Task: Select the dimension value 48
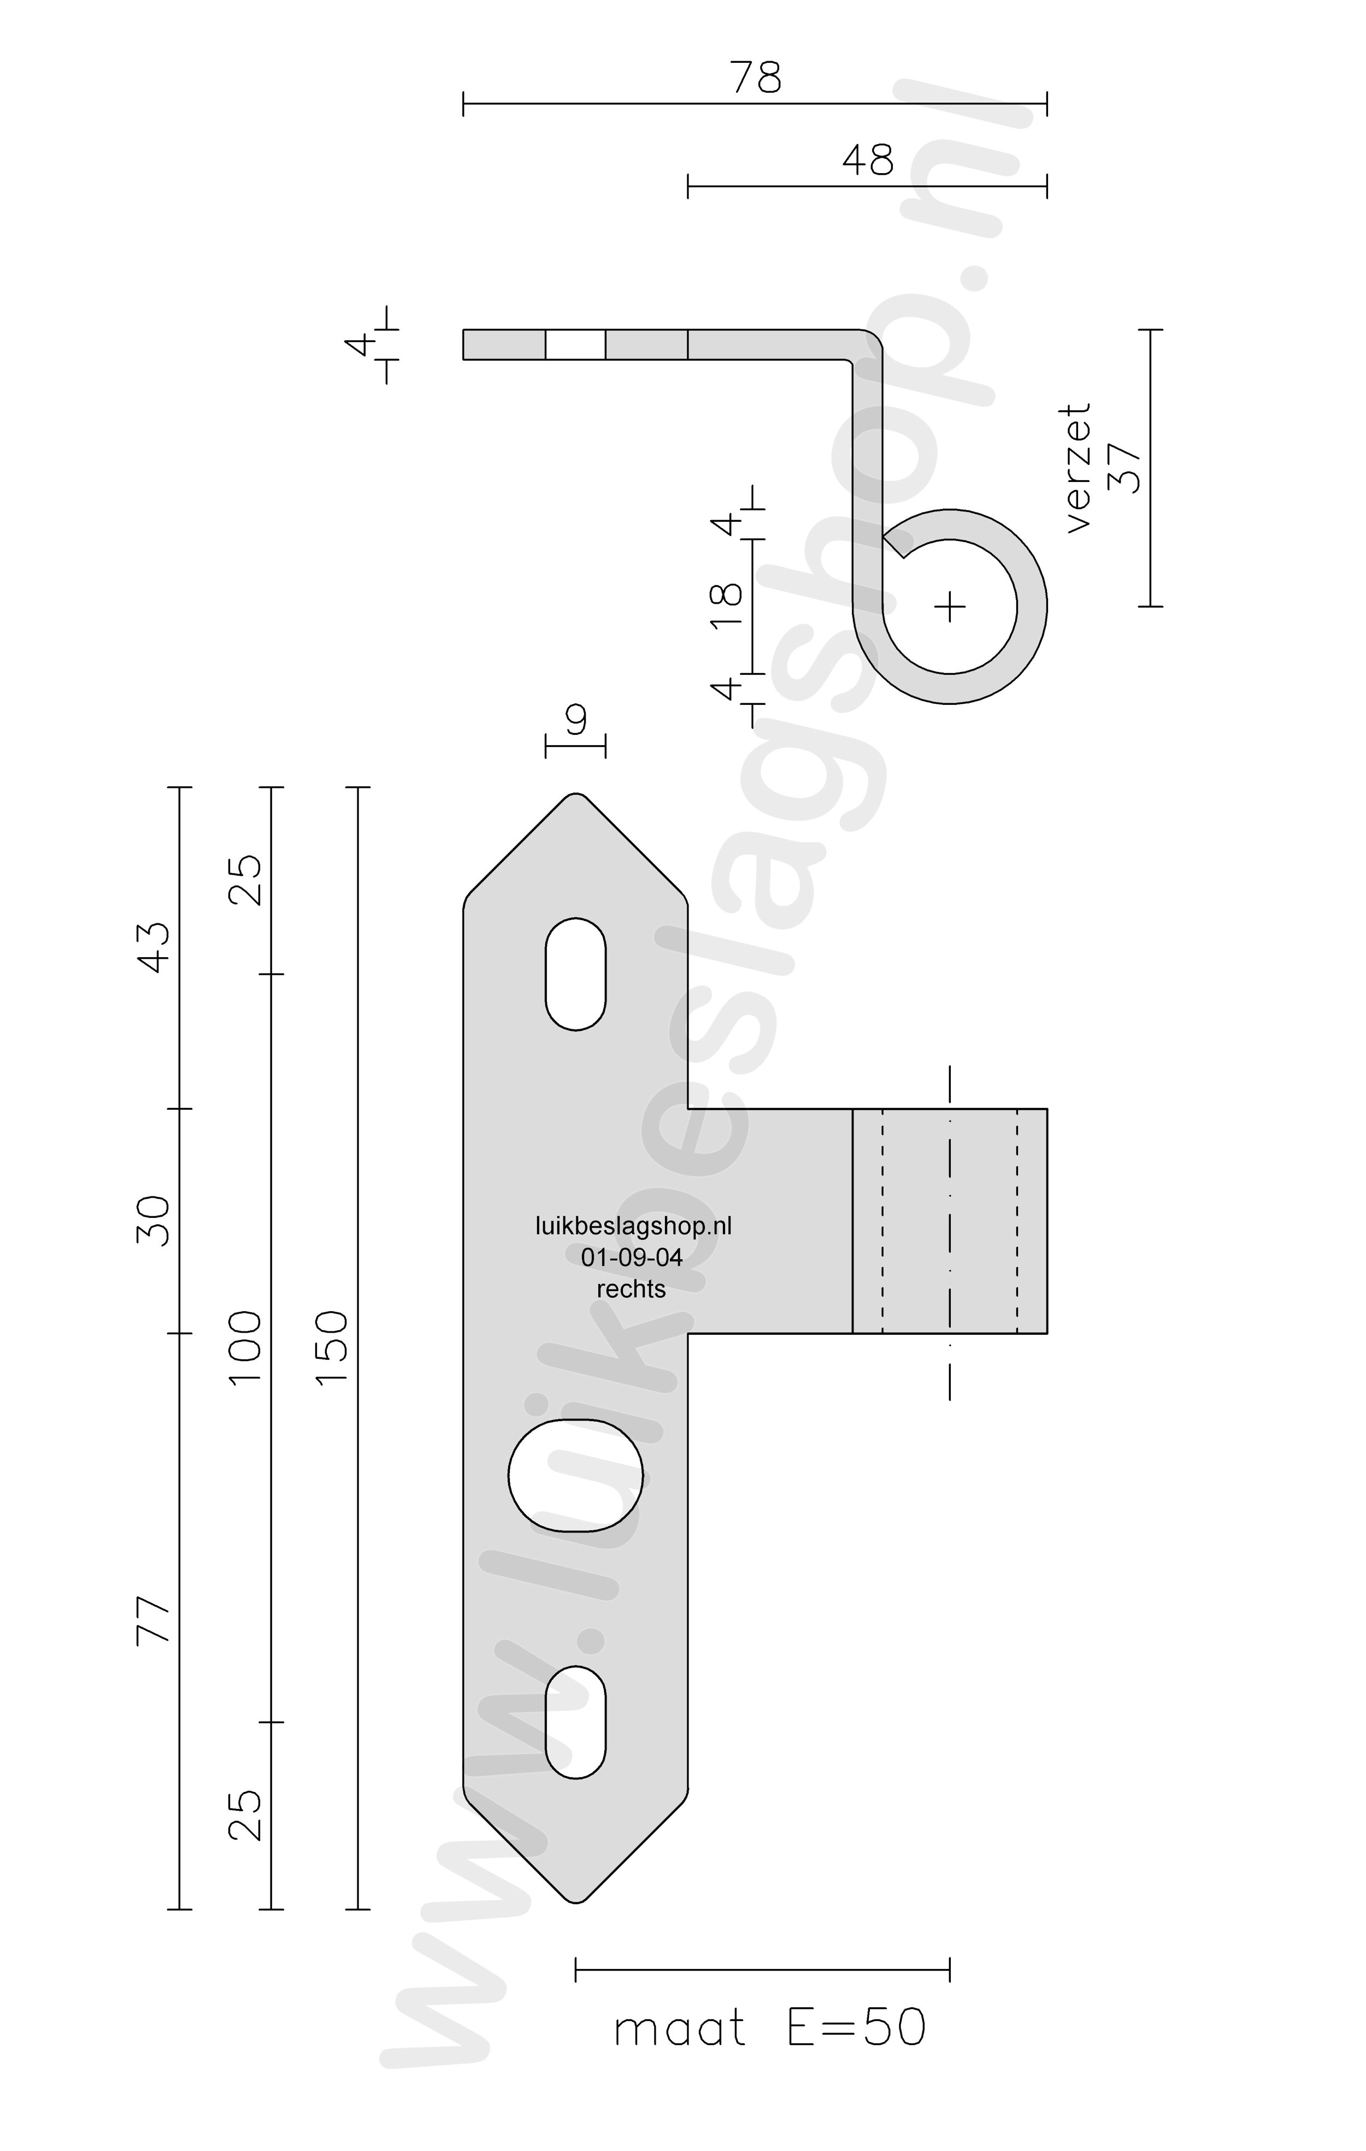[868, 160]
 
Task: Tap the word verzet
[1079, 468]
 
